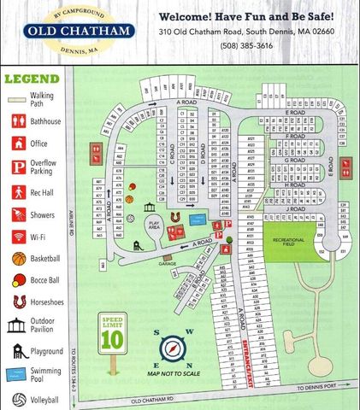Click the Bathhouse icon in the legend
click(17, 122)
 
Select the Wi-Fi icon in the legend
click(17, 237)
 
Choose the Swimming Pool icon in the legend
click(17, 374)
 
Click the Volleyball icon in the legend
click(17, 399)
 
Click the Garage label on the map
click(168, 263)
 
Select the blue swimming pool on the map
click(198, 219)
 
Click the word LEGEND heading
click(32, 79)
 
